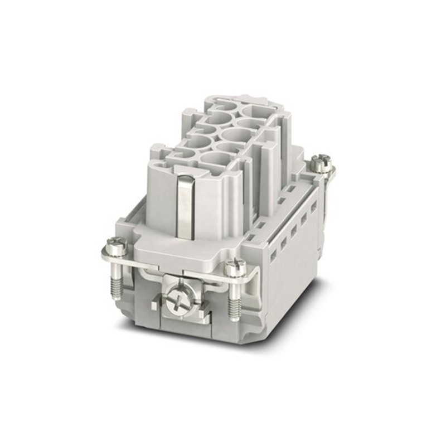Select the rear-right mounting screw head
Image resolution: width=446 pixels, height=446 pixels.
click(x=322, y=162)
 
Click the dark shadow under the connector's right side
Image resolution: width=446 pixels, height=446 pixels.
click(x=312, y=301)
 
